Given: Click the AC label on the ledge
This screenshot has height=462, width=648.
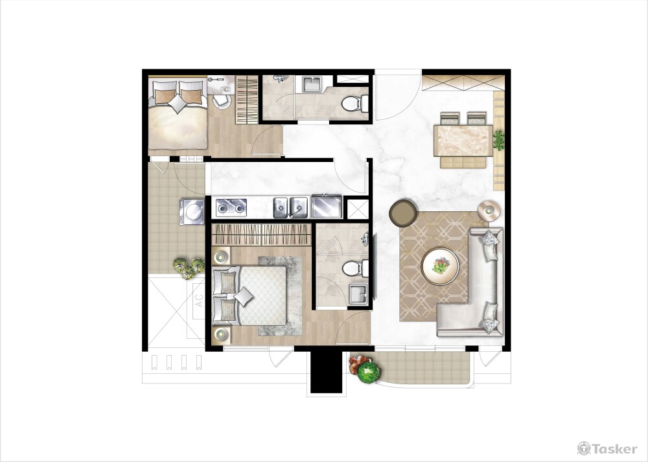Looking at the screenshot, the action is coord(199,301).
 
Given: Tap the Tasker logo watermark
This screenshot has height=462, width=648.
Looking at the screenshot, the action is coord(607,448).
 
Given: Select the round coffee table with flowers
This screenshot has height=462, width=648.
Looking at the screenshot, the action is coord(440,266).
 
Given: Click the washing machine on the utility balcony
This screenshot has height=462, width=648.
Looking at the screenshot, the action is coord(192,212).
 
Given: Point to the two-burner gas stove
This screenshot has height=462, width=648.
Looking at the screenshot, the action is coord(231,207).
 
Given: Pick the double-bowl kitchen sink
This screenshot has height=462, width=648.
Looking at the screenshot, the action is coord(290,207).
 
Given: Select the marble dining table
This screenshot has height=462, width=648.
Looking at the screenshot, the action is coord(463,141).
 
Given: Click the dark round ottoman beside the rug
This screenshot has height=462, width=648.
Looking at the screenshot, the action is coord(403,213).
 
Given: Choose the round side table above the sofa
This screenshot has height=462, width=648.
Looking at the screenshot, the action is coord(489,211).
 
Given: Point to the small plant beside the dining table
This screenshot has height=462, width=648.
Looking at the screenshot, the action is coord(499,140).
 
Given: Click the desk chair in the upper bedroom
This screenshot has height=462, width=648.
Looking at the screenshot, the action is coord(222,102).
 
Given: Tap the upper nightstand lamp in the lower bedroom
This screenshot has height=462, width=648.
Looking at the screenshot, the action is coord(222,257).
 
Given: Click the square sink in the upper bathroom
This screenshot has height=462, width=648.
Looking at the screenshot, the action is coord(314,84).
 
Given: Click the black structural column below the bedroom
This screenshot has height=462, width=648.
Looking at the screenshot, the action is coord(327,372).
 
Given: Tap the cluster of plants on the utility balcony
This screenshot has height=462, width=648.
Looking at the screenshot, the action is coord(189,268).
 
